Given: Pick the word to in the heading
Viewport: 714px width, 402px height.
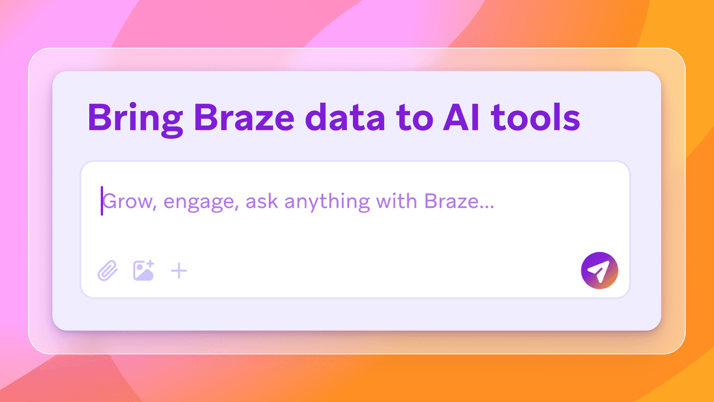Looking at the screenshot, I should (406, 118).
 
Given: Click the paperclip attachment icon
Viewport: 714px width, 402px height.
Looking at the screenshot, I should (108, 272).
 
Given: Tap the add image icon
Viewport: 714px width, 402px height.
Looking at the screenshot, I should (143, 271).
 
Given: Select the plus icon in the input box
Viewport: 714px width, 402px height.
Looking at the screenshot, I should (179, 272).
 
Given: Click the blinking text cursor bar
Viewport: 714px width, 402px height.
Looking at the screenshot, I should (102, 201).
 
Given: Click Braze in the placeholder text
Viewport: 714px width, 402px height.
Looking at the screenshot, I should (451, 202).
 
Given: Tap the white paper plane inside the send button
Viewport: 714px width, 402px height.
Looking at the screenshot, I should (599, 272).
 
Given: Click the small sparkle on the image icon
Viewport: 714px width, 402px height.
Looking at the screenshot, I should (151, 263).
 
